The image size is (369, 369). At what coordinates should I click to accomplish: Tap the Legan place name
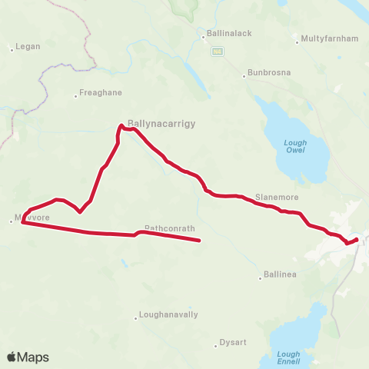pos(28,46)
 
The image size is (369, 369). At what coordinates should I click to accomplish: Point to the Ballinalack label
pos(228,34)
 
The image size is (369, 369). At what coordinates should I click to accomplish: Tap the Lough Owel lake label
pos(294,146)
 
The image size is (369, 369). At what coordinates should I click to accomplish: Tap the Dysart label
pos(233,342)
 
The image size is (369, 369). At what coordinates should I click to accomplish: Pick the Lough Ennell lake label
pos(289,358)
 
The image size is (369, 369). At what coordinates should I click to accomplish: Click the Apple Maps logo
pos(28,357)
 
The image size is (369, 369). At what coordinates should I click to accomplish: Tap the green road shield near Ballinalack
pos(218,51)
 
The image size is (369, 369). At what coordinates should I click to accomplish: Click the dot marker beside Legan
pos(12,50)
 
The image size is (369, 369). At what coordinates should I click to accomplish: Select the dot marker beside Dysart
pos(216,346)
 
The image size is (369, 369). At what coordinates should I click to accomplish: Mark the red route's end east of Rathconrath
pos(199,241)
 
